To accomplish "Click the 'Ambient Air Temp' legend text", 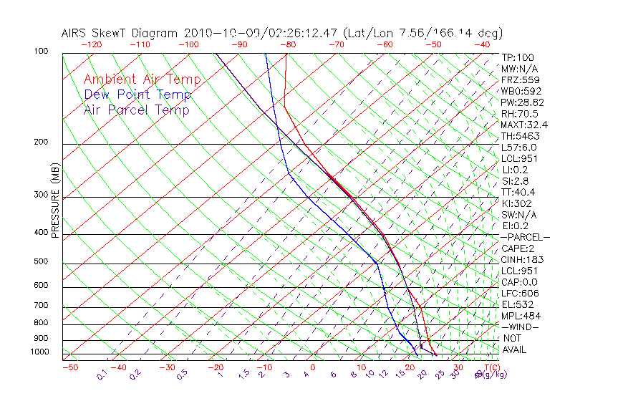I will [142, 79].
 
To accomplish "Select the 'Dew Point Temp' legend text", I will [137, 95].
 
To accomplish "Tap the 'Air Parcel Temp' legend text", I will [136, 110].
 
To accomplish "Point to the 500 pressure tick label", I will [40, 262].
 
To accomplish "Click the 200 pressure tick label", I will [40, 142].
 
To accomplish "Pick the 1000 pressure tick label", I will [39, 352].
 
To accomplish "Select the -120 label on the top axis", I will [91, 44].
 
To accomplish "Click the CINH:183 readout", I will [521, 259].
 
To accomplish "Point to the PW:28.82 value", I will [522, 102].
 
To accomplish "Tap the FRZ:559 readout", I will [518, 79].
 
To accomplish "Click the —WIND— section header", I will [519, 327].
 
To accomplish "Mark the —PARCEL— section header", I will [525, 237].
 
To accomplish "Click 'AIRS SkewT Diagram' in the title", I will [120, 33].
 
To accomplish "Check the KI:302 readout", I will [516, 203].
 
